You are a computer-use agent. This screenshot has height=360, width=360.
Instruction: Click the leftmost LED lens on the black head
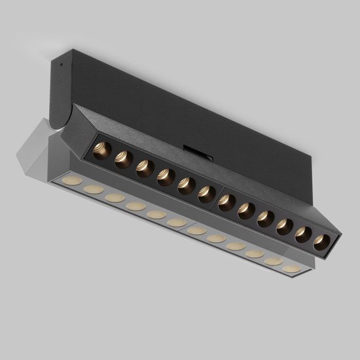tap(101, 151)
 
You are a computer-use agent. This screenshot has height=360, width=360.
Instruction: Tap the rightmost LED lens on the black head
tap(321, 242)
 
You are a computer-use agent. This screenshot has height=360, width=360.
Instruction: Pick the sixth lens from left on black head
tap(207, 194)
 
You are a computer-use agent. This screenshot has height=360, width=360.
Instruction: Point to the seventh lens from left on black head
tap(227, 202)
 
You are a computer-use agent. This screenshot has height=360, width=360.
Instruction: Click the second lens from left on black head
tap(123, 159)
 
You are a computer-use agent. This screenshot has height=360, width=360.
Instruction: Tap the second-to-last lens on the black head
tap(303, 234)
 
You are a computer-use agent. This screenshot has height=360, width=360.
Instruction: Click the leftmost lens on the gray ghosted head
tap(73, 180)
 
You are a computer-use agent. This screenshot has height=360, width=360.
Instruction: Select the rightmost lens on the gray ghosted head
tap(292, 268)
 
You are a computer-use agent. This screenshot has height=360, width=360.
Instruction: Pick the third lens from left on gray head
tap(115, 197)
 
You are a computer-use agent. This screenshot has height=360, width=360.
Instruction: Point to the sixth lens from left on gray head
tap(176, 223)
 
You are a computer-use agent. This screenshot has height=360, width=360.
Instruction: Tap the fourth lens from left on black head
tap(166, 176)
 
